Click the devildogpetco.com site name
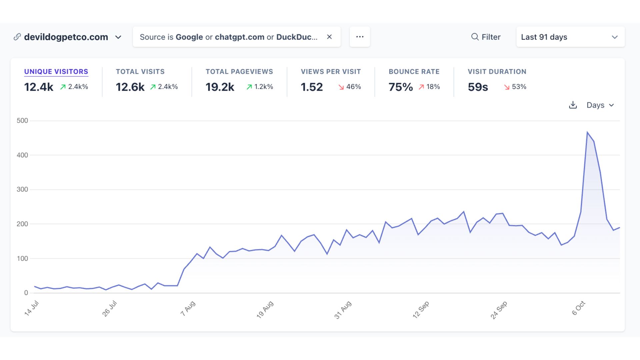(66, 37)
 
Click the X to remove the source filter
(329, 37)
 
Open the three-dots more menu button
(360, 37)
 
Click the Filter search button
(486, 37)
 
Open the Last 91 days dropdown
(570, 37)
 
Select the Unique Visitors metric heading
(56, 72)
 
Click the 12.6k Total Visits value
(130, 87)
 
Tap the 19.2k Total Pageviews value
(220, 87)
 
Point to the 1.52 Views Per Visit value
(312, 87)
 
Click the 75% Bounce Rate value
(401, 87)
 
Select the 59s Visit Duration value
(478, 87)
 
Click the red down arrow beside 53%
(507, 87)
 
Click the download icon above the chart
(573, 105)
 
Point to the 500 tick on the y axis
(22, 121)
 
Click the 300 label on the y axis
(22, 189)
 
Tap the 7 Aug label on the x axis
(188, 309)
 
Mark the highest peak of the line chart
(587, 132)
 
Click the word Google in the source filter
(189, 37)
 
